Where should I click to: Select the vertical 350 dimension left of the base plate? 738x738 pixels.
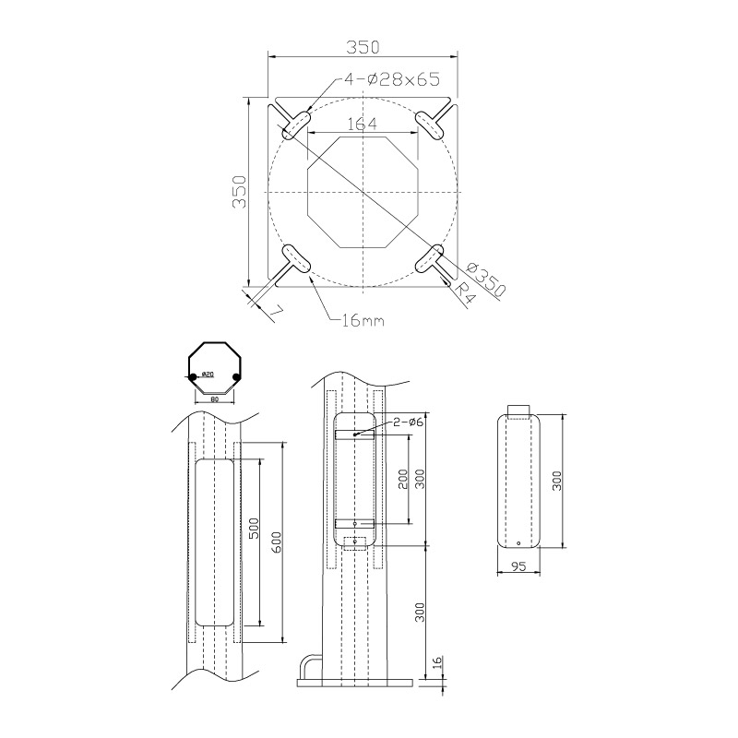(238, 192)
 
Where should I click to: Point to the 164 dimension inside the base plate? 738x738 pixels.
(362, 124)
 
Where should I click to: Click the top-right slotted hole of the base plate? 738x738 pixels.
(430, 122)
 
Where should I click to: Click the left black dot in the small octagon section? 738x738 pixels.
(193, 376)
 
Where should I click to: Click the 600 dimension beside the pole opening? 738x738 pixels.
(276, 542)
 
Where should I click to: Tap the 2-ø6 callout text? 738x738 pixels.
(408, 423)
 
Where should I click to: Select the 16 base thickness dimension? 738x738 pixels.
(437, 664)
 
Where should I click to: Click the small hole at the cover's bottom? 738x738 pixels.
(518, 543)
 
